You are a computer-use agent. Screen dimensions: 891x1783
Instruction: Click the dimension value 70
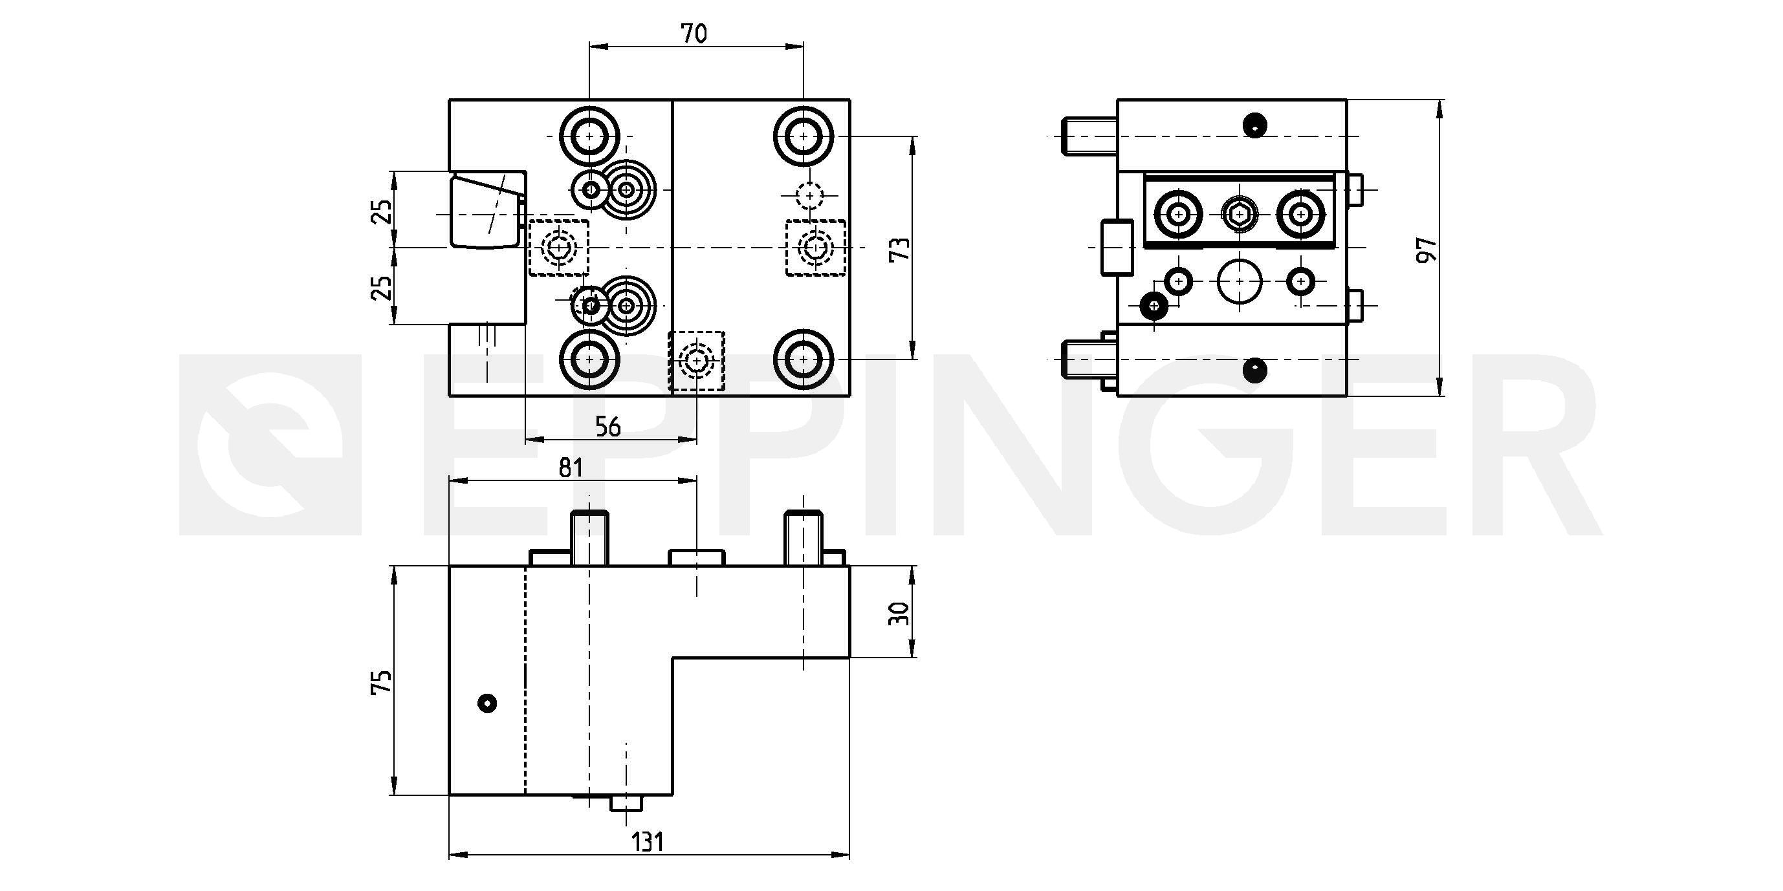(x=694, y=33)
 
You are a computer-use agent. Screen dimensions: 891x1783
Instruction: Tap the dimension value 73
(x=899, y=248)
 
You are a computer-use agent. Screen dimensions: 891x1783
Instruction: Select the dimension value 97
(x=1427, y=249)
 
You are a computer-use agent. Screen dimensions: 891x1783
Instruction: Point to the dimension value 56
(x=607, y=427)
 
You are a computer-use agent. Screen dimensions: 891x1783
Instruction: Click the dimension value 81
(x=571, y=467)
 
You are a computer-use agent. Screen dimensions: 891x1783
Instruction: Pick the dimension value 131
(x=648, y=842)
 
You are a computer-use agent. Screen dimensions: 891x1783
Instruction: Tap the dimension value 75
(x=382, y=681)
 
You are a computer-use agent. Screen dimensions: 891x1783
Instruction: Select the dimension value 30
(x=899, y=613)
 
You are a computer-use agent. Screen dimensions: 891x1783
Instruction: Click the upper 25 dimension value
(x=382, y=211)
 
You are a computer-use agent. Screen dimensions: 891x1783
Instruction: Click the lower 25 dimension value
(x=382, y=287)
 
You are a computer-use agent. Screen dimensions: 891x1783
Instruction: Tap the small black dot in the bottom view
(x=487, y=703)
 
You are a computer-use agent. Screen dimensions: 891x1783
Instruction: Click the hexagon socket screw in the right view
(x=1239, y=214)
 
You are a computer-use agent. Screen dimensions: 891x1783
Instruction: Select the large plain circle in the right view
(x=1239, y=281)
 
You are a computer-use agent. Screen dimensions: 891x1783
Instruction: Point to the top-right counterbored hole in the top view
(x=803, y=136)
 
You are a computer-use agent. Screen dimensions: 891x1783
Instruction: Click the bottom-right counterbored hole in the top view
(x=803, y=359)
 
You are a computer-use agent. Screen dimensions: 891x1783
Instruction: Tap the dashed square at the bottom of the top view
(x=696, y=360)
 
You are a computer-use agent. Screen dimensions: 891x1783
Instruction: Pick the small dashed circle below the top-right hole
(x=809, y=195)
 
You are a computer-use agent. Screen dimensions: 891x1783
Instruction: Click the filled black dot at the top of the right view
(x=1254, y=125)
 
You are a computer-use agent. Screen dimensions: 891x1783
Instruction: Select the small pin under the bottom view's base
(x=626, y=803)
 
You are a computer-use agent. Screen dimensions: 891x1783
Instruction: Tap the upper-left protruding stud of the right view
(x=1088, y=136)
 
